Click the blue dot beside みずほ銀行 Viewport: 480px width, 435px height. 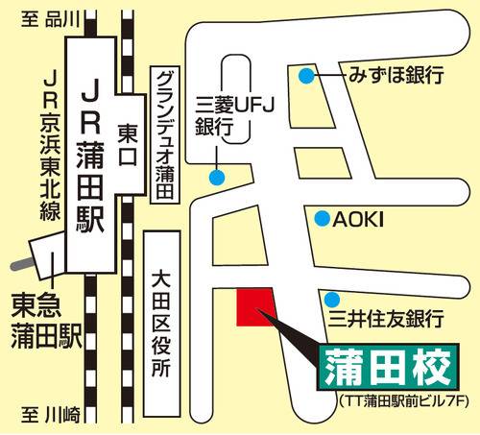click(306, 75)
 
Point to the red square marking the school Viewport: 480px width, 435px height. click(254, 306)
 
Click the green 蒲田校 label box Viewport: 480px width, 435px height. click(383, 365)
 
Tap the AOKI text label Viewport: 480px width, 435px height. click(357, 220)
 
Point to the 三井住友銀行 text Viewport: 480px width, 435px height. click(385, 316)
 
